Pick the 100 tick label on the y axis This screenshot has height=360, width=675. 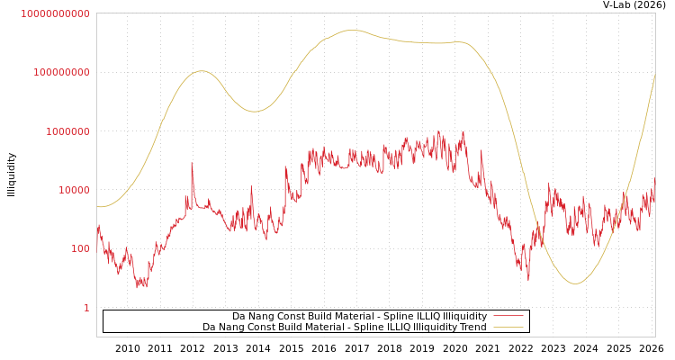click(x=79, y=249)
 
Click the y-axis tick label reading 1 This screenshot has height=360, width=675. click(x=86, y=308)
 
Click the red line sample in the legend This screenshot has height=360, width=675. click(x=508, y=316)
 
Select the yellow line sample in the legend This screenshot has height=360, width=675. click(x=508, y=327)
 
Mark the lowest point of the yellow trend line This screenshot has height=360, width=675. click(x=575, y=283)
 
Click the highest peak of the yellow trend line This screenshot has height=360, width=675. click(x=353, y=30)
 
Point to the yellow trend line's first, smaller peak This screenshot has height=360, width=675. click(x=202, y=71)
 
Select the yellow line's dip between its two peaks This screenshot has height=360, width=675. click(x=255, y=112)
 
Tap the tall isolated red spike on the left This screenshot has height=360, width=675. click(x=192, y=164)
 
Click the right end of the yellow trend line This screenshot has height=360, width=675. click(x=654, y=75)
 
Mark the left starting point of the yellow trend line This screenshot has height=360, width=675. click(x=98, y=206)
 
